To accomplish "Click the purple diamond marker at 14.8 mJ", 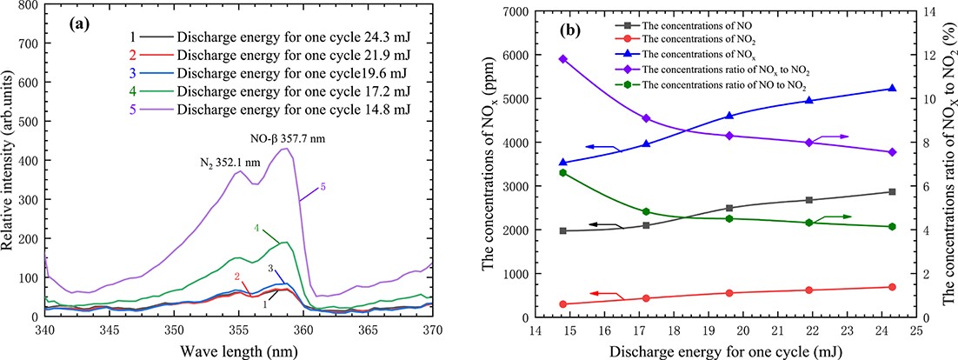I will (x=563, y=59).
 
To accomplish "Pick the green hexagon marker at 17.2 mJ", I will (x=646, y=211).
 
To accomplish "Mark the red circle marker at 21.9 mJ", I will (x=809, y=290).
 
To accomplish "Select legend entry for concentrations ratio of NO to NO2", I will (x=722, y=87).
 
